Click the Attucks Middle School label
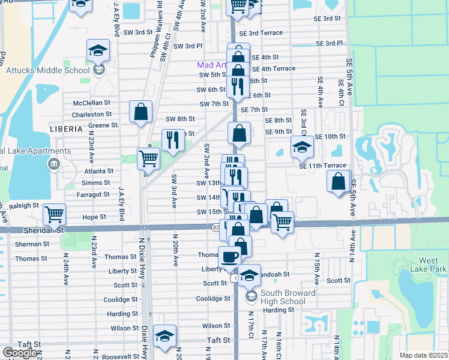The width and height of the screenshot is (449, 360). pyautogui.click(x=47, y=70)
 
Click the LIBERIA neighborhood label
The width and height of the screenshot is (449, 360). pyautogui.click(x=67, y=129)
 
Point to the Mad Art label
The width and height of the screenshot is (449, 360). pyautogui.click(x=212, y=65)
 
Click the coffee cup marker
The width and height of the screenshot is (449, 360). pyautogui.click(x=229, y=257)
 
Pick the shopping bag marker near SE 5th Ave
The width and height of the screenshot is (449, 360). pyautogui.click(x=338, y=181)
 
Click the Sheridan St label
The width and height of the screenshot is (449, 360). pyautogui.click(x=43, y=229)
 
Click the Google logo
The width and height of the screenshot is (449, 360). pyautogui.click(x=20, y=353)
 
